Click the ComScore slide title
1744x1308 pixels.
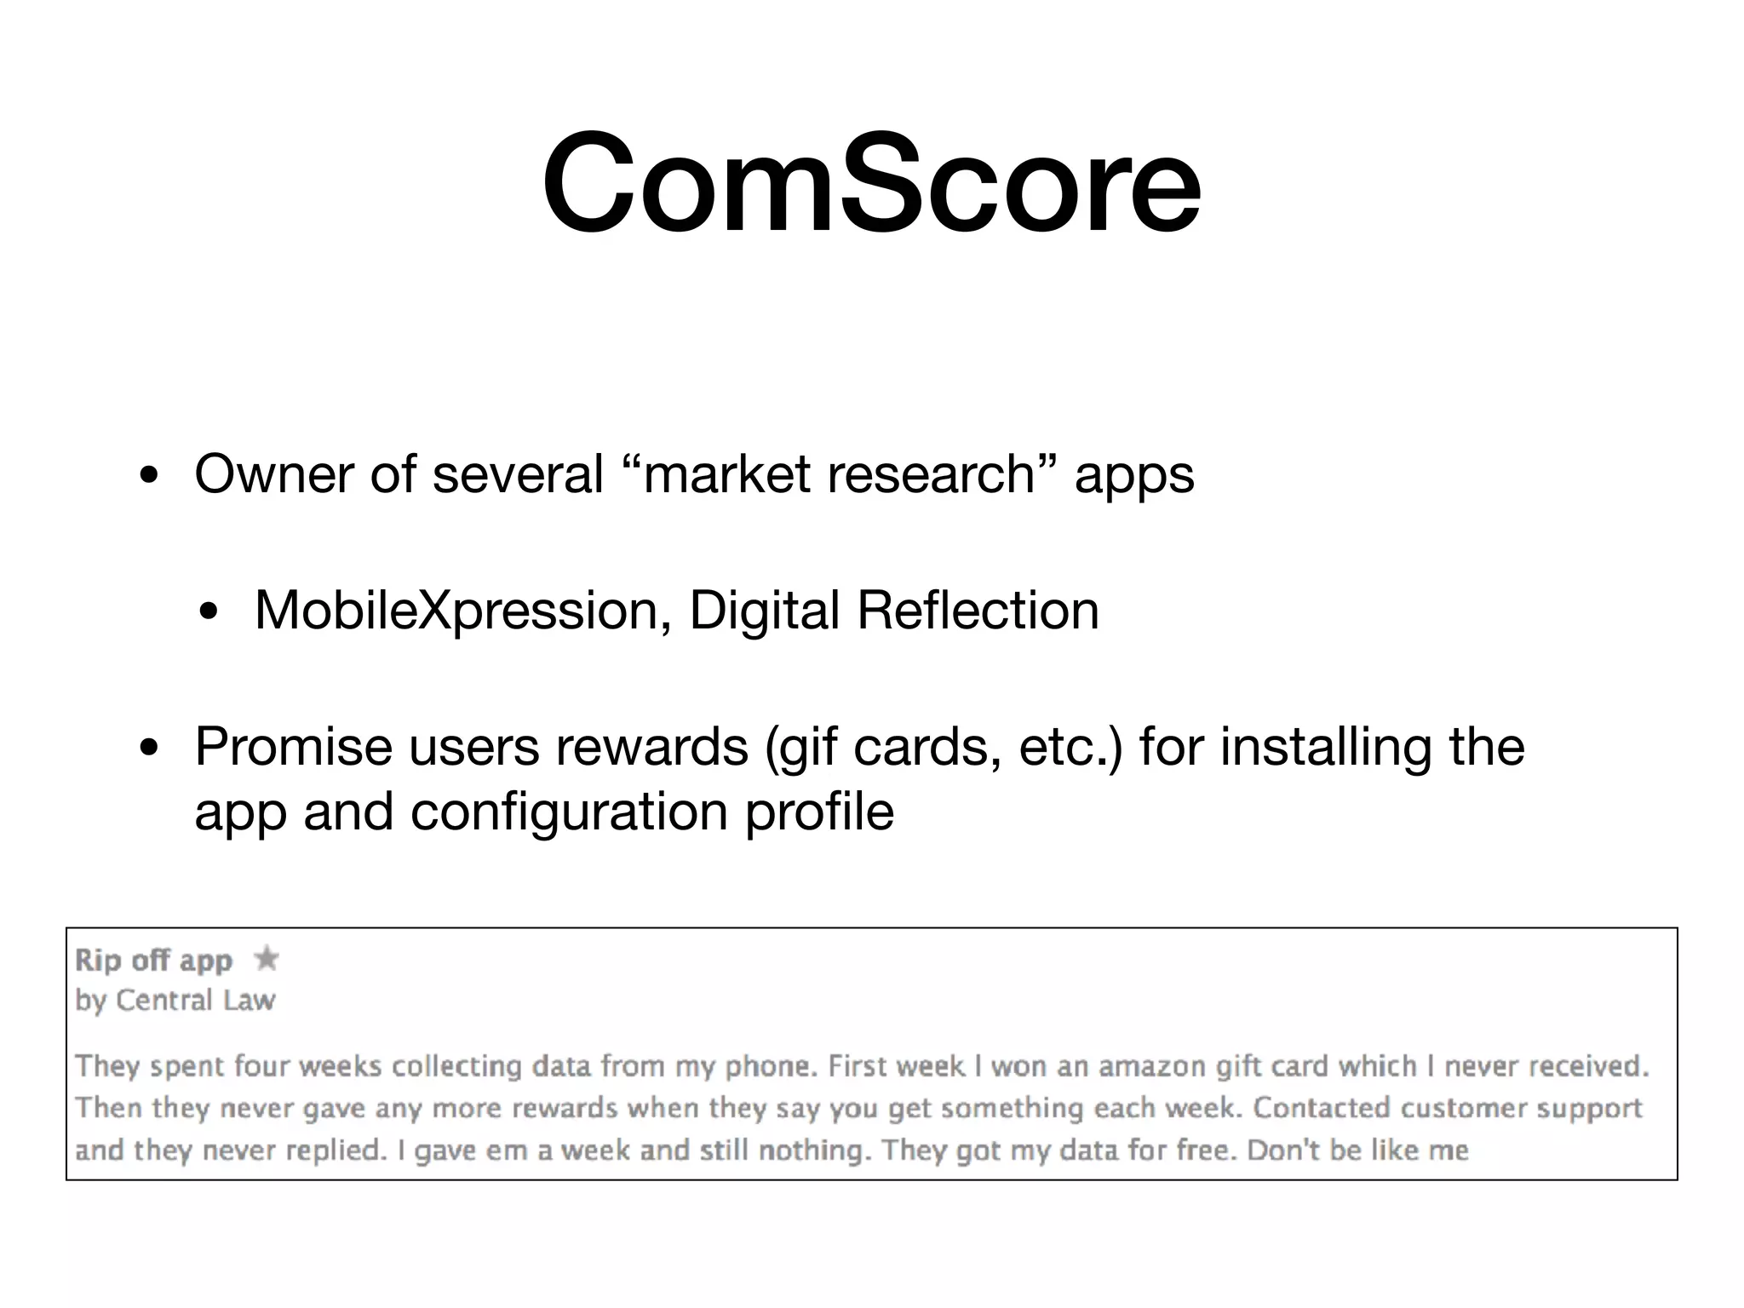871,182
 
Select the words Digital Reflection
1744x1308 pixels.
893,611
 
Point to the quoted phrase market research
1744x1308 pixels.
839,473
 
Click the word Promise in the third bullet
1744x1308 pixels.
293,747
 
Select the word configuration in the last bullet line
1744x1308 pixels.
569,812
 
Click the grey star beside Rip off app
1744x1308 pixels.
267,959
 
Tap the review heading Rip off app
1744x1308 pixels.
153,961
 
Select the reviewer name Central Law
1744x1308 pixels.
195,1000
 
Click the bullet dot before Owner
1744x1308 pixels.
149,477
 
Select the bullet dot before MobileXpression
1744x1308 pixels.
209,613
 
